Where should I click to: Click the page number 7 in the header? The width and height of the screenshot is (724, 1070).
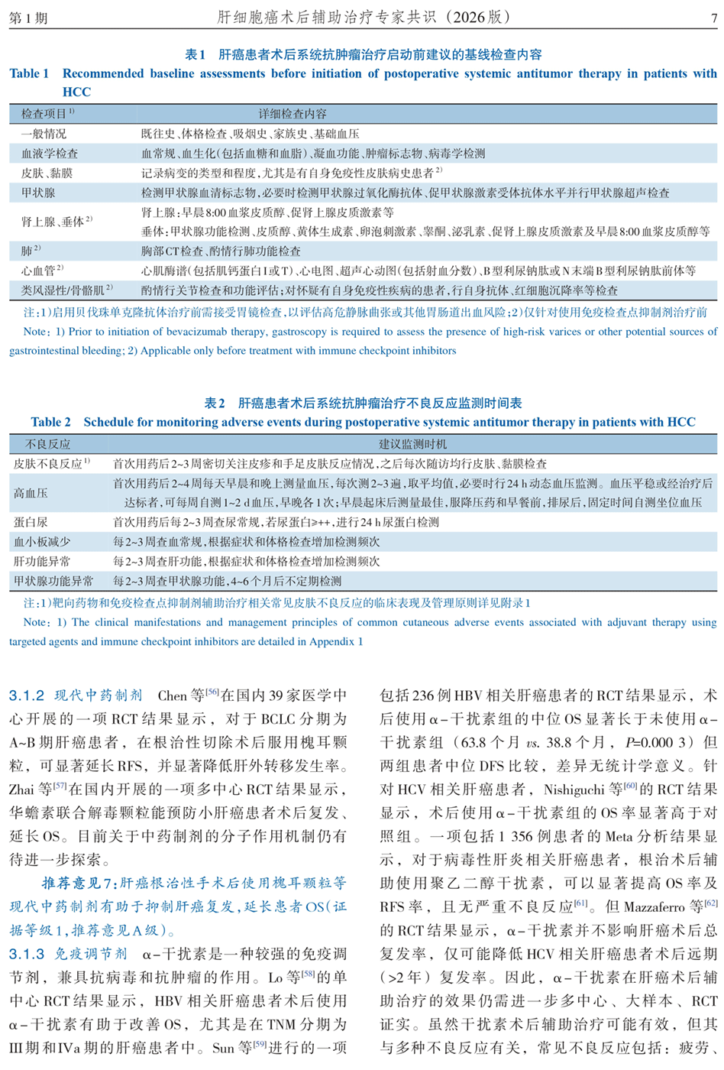point(713,18)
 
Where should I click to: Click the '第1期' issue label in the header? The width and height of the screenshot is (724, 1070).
point(28,18)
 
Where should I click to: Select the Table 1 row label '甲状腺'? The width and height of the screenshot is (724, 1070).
point(38,193)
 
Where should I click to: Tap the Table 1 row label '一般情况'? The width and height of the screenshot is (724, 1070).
point(44,134)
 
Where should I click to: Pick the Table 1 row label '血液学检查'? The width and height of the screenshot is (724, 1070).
point(49,154)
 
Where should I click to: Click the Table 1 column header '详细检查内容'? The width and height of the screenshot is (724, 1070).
point(292,114)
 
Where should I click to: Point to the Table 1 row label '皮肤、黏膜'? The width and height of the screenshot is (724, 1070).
point(47,173)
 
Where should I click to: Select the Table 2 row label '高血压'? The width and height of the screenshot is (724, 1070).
point(31,493)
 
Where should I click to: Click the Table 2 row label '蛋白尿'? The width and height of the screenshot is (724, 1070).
point(31,522)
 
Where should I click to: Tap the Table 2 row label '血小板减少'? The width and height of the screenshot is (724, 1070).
point(42,542)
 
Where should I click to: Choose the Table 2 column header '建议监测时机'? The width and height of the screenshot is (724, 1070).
point(412,444)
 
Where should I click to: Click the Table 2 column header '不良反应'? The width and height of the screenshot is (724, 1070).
point(47,444)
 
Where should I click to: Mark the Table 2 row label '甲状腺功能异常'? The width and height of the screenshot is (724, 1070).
point(53,581)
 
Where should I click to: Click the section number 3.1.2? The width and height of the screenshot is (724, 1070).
point(27,695)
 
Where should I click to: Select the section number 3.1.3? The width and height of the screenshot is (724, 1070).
point(27,954)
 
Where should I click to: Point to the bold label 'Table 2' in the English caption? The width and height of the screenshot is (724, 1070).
point(50,422)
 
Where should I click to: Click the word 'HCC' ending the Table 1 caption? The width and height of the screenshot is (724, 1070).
point(76,92)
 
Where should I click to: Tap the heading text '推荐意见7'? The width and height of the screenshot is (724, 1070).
point(76,884)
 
